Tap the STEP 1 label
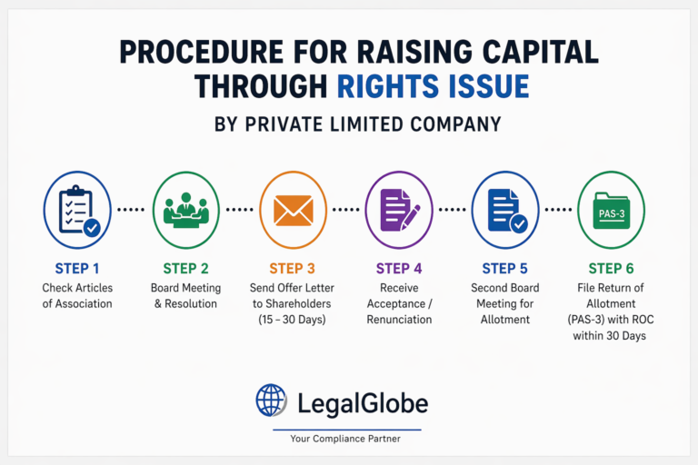77,268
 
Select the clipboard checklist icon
77,210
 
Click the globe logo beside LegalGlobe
271,401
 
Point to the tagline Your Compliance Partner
345,439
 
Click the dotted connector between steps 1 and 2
131,210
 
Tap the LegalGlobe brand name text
363,401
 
